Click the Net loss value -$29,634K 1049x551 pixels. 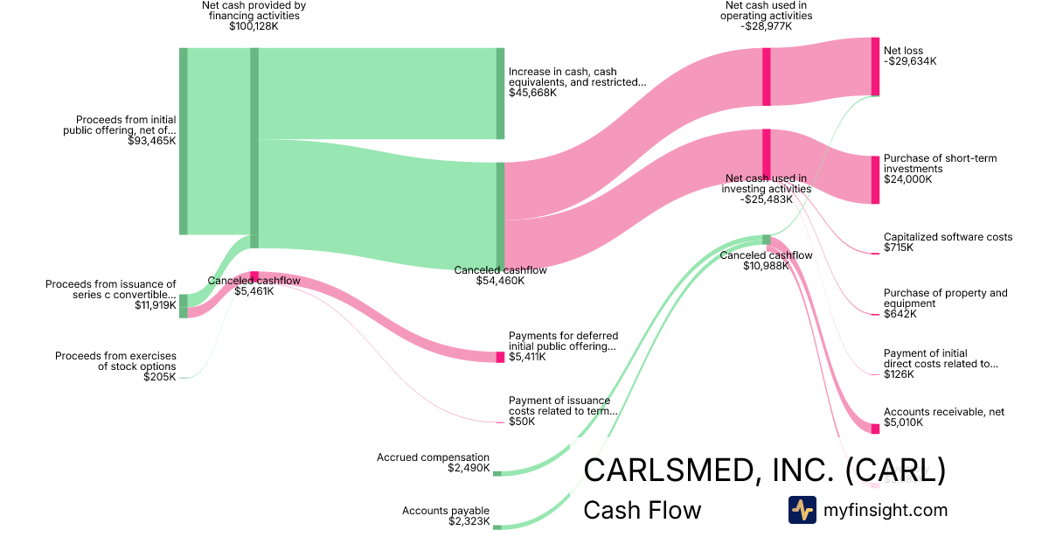click(x=910, y=61)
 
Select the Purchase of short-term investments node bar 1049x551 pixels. click(x=875, y=179)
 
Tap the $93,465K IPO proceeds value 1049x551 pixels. click(x=151, y=140)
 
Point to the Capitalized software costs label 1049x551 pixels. click(x=948, y=237)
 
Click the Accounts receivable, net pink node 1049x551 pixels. click(x=875, y=429)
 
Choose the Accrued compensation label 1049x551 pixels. click(x=433, y=457)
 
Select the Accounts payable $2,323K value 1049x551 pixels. click(x=469, y=521)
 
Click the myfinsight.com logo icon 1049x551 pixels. click(x=802, y=510)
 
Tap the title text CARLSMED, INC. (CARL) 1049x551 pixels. click(x=764, y=471)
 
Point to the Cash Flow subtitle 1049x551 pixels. click(x=642, y=510)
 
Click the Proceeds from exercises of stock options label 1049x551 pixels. click(x=115, y=361)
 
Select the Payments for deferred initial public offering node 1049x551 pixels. click(x=500, y=357)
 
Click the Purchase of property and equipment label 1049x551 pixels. click(x=945, y=298)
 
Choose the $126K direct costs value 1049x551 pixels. click(x=899, y=374)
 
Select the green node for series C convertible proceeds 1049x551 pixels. click(x=184, y=301)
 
